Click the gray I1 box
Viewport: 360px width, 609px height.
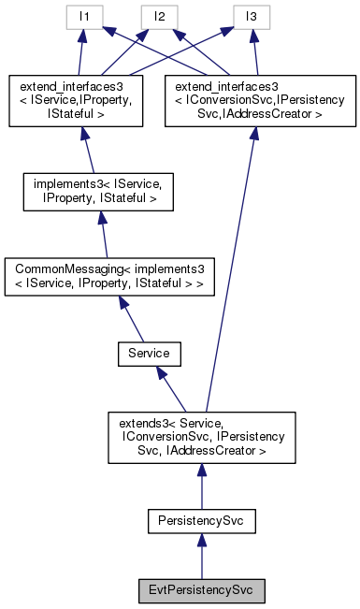click(x=83, y=16)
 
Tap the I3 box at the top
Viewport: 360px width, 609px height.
click(x=250, y=16)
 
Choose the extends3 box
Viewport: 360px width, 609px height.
click(x=201, y=437)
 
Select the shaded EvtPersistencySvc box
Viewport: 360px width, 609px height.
click(x=201, y=590)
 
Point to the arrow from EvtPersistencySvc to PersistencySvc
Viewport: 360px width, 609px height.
click(x=201, y=557)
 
